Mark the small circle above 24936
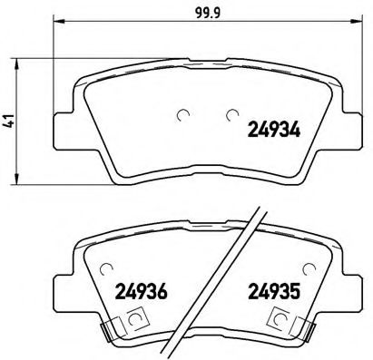(106, 269)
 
